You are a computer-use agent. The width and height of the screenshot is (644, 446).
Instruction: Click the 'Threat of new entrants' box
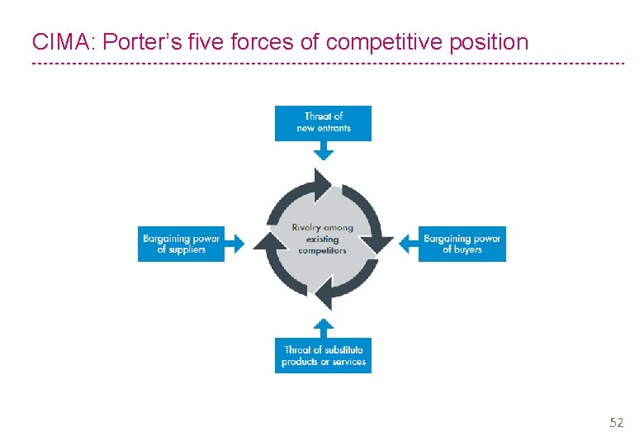point(323,123)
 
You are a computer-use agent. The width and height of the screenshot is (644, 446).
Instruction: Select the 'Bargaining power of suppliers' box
point(181,244)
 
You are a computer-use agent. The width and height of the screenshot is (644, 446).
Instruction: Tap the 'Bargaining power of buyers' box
point(462,244)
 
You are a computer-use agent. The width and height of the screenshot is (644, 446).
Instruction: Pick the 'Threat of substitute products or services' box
point(323,355)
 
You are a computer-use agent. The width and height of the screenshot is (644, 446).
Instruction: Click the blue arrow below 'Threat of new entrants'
point(324,151)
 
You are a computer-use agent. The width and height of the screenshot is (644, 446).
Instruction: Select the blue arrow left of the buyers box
point(408,243)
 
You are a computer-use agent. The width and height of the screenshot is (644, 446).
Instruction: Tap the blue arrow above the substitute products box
point(324,325)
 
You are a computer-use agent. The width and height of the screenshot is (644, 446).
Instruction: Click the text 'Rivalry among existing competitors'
point(322,239)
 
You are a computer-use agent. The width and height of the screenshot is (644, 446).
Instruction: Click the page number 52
point(616,423)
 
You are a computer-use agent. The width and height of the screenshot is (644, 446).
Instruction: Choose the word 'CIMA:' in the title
point(62,40)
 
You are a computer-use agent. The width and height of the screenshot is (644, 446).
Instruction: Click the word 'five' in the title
point(203,40)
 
